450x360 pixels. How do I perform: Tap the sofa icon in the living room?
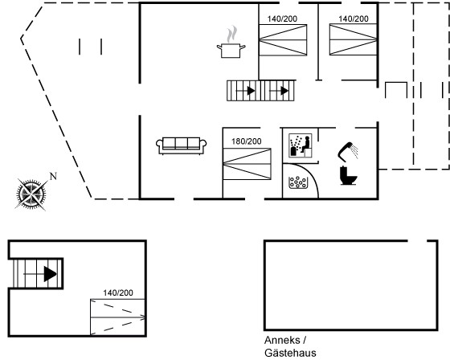[x=181, y=145]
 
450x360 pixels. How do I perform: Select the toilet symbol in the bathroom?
[x=348, y=175]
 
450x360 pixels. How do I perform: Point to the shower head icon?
[x=348, y=150]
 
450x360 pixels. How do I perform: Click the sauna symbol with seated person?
[x=301, y=145]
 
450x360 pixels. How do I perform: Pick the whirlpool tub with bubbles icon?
[x=298, y=182]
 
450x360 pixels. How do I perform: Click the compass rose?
[x=31, y=194]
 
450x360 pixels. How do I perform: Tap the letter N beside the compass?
[x=53, y=176]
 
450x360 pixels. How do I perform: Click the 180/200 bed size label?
[x=247, y=141]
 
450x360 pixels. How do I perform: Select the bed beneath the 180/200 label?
[x=247, y=164]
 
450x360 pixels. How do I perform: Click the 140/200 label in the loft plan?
[x=118, y=292]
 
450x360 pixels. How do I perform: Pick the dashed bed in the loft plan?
[x=117, y=317]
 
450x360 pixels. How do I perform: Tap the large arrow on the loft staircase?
[x=50, y=274]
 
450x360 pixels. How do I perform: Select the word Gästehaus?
[x=290, y=353]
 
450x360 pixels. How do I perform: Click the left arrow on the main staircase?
[x=246, y=91]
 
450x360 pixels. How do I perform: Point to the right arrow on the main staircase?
[x=279, y=91]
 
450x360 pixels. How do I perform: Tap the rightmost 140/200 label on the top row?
[x=354, y=18]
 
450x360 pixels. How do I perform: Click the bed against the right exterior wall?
[x=353, y=39]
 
